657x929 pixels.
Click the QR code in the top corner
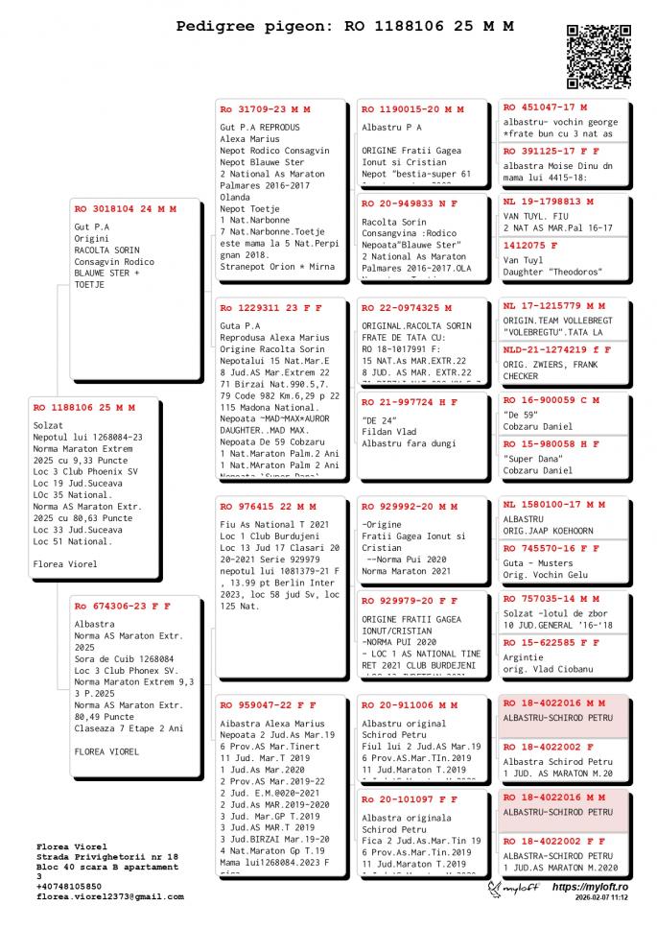coord(598,56)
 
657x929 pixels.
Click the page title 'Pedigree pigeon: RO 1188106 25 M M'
coord(344,27)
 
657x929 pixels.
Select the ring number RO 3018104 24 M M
coord(126,208)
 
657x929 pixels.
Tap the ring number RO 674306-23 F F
coord(123,607)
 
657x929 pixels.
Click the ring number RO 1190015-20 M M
coord(412,109)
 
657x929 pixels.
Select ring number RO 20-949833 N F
coord(410,203)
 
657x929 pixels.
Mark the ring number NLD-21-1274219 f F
coord(557,350)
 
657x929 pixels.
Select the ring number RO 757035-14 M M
coord(554,599)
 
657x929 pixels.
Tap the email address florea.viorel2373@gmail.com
coord(109,896)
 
